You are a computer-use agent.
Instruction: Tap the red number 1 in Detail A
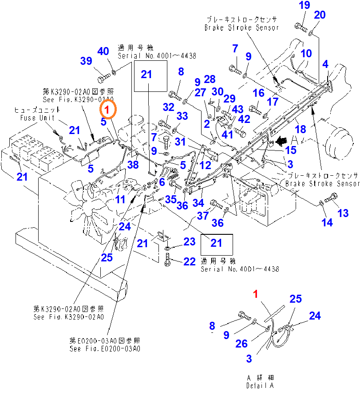(x=255, y=294)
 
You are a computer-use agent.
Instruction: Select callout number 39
(x=86, y=61)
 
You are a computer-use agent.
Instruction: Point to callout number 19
(x=305, y=6)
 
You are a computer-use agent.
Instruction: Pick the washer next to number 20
(x=312, y=32)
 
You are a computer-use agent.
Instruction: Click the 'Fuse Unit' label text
(x=38, y=118)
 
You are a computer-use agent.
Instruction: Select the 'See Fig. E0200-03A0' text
(x=105, y=349)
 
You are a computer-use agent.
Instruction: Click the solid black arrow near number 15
(x=280, y=141)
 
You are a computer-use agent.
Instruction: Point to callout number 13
(x=343, y=213)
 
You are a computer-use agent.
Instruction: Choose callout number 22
(x=190, y=261)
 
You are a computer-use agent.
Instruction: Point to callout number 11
(x=120, y=199)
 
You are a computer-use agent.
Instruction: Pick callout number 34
(x=198, y=203)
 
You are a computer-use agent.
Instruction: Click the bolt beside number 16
(x=255, y=108)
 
